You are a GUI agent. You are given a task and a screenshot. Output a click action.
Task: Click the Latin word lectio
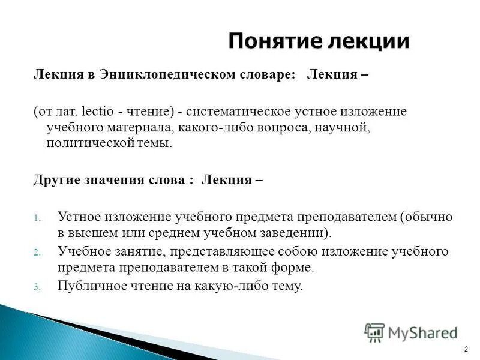tap(95, 112)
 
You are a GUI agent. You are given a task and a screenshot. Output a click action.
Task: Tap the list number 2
tap(36, 253)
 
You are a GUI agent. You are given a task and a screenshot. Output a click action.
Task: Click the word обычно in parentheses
tap(427, 216)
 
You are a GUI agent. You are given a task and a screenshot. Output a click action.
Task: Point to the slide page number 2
tap(466, 349)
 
